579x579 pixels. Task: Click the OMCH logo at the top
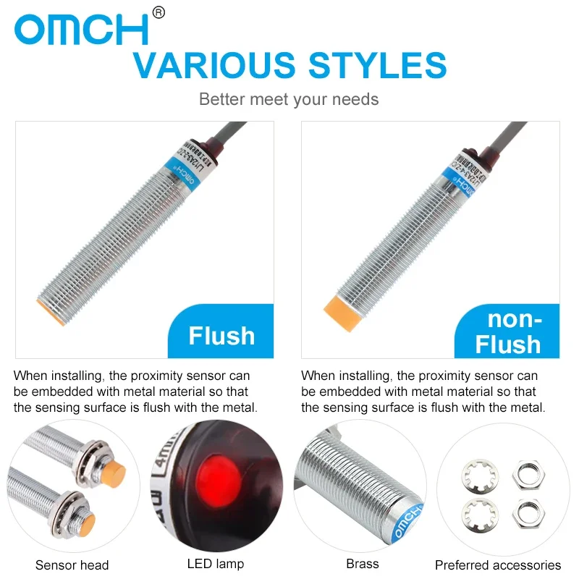click(81, 29)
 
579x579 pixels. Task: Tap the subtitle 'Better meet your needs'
click(289, 99)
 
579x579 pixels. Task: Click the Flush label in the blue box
click(221, 336)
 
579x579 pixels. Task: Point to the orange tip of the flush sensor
click(51, 310)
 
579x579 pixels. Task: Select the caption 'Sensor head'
click(72, 565)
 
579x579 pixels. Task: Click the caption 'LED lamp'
click(216, 564)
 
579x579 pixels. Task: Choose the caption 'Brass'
click(363, 564)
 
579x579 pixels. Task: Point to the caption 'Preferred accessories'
click(498, 565)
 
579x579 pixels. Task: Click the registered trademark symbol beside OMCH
click(160, 12)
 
